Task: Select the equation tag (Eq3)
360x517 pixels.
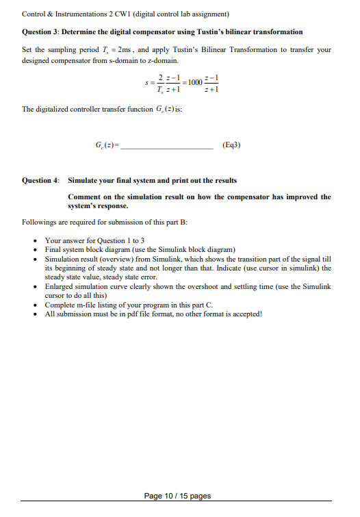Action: click(232, 145)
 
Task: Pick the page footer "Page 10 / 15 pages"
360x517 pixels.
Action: click(177, 495)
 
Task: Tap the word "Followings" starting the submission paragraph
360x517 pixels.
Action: click(38, 223)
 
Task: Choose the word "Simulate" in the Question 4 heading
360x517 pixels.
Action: click(86, 181)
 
